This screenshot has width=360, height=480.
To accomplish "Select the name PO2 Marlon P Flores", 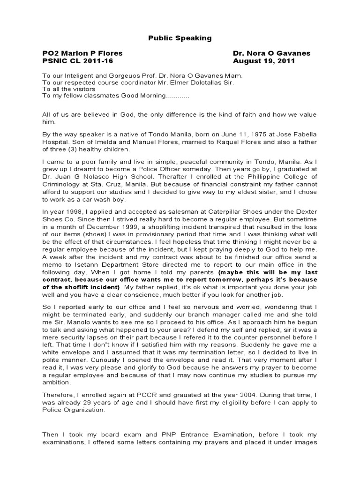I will click(82, 53).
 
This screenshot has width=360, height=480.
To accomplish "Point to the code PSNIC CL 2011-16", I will click(77, 61).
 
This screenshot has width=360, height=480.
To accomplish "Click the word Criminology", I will click(63, 184).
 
